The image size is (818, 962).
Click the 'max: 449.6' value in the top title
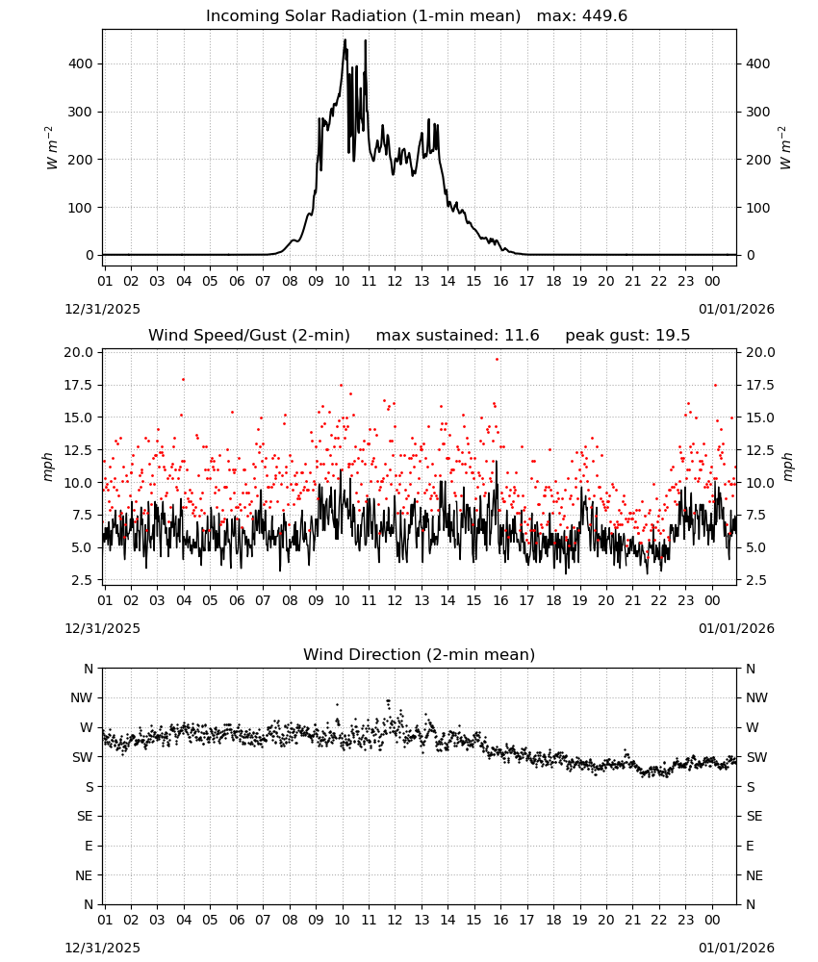coord(582,16)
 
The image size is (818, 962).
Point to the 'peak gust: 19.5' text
coord(627,336)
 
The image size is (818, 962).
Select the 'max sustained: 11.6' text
coord(457,336)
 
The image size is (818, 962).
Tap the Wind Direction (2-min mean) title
coord(420,654)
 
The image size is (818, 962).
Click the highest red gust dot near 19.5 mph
coord(498,360)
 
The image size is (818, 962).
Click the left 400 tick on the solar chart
coord(81,63)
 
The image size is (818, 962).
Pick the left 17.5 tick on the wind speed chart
coord(79,386)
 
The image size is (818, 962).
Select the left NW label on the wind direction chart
coord(82,698)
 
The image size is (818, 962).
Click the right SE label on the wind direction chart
coord(754,816)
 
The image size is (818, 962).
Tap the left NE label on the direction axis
coord(84,875)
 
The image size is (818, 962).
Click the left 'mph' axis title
coord(48,467)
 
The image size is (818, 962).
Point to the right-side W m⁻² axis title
coord(785,148)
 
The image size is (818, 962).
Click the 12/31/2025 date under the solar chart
coord(102,309)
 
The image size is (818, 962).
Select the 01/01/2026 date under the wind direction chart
coord(736,948)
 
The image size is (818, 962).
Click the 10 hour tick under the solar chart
coord(342,281)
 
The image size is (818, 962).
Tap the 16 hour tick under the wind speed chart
coord(500,600)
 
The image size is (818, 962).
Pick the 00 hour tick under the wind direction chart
coord(712,920)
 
